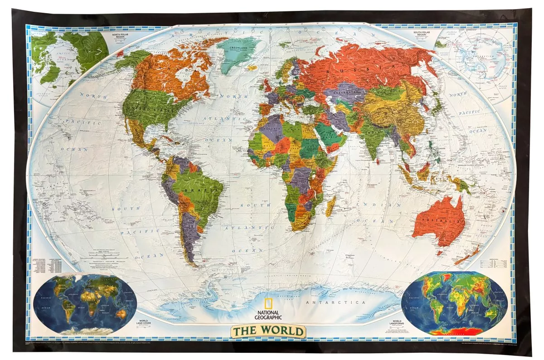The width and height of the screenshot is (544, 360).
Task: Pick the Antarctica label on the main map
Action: pos(335,302)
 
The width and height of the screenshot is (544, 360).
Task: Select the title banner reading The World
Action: pos(269,331)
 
